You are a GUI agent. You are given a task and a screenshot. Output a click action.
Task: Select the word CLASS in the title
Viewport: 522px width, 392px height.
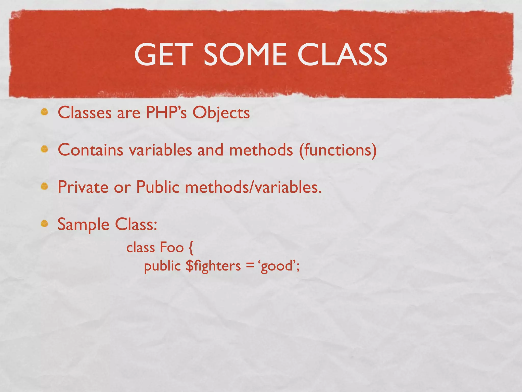coord(342,54)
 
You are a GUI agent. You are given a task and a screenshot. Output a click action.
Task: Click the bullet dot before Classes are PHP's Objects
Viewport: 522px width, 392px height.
coord(45,112)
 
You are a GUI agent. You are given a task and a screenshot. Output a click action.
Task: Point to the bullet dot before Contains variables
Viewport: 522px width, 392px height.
coord(45,149)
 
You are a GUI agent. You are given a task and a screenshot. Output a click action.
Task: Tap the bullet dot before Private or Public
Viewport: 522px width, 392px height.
coord(45,187)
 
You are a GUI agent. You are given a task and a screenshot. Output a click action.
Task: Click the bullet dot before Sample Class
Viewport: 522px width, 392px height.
coord(45,224)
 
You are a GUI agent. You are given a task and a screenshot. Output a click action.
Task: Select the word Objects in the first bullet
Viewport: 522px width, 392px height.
coord(221,113)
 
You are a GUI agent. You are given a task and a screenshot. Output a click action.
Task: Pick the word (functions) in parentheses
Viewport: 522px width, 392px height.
coord(338,150)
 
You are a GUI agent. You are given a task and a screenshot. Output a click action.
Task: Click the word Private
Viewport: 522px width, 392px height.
coord(83,187)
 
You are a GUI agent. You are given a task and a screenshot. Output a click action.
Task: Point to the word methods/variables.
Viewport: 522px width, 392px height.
coord(253,187)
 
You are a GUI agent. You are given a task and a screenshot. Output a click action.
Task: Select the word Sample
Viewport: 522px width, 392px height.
coord(83,225)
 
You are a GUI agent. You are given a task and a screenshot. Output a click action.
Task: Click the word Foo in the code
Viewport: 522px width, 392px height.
coord(172,248)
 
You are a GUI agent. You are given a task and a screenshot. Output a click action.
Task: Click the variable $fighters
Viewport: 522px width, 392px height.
coord(213,266)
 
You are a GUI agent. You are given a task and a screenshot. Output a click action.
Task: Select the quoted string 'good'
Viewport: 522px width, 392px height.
coord(277,266)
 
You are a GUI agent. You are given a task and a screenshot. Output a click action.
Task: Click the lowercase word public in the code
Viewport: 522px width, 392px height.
coord(162,266)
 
